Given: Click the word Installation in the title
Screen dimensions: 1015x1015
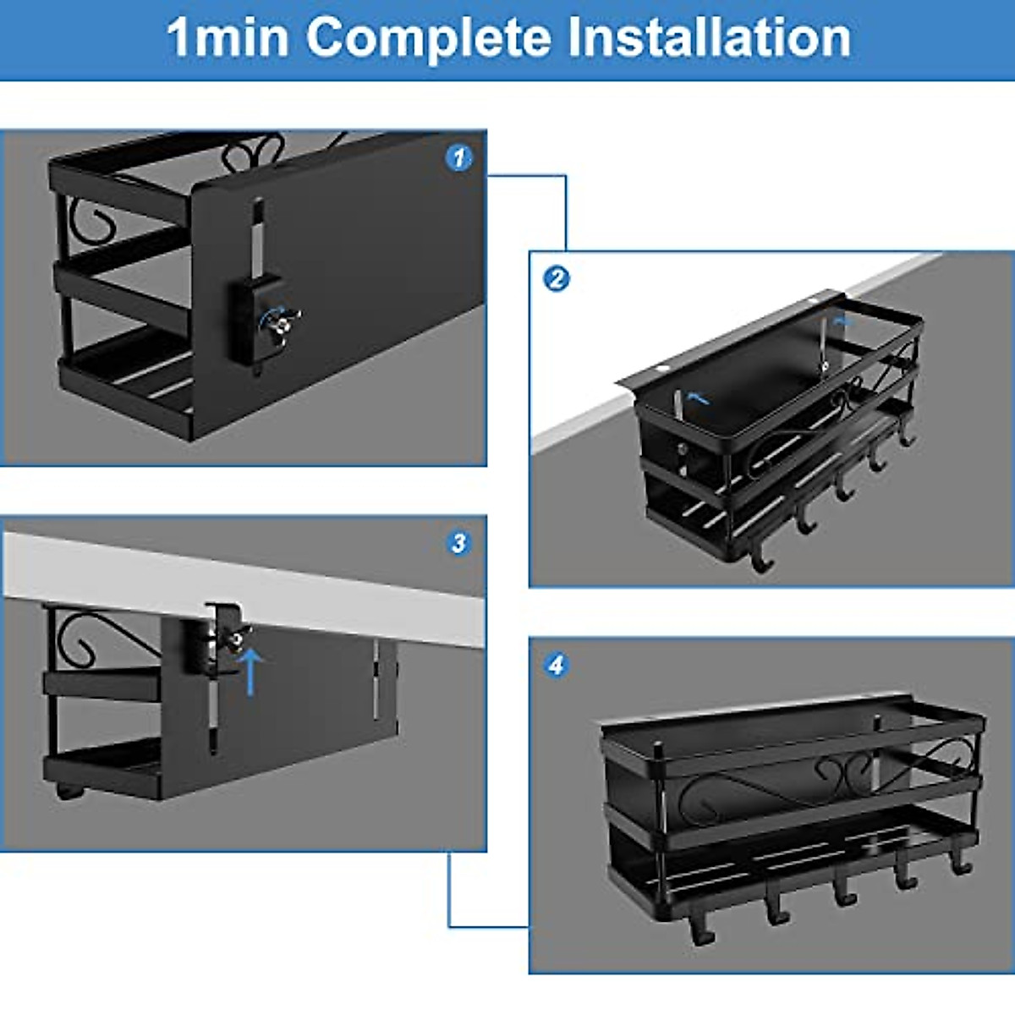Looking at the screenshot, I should point(709,38).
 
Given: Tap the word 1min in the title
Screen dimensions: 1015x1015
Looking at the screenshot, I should point(227,38).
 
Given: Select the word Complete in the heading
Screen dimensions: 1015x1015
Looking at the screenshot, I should point(428,38).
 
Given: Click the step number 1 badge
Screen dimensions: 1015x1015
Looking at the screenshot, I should point(458,157).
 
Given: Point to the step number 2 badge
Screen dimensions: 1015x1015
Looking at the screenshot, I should point(556,278).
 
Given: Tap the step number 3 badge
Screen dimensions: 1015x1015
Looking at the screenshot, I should point(458,543).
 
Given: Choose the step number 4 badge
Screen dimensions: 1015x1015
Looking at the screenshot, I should point(556,665).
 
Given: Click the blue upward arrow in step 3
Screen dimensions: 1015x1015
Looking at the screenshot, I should point(250,670).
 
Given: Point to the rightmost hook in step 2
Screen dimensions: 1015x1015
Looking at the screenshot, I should point(907,436).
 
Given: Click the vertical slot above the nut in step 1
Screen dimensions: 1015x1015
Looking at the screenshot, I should point(257,237).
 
